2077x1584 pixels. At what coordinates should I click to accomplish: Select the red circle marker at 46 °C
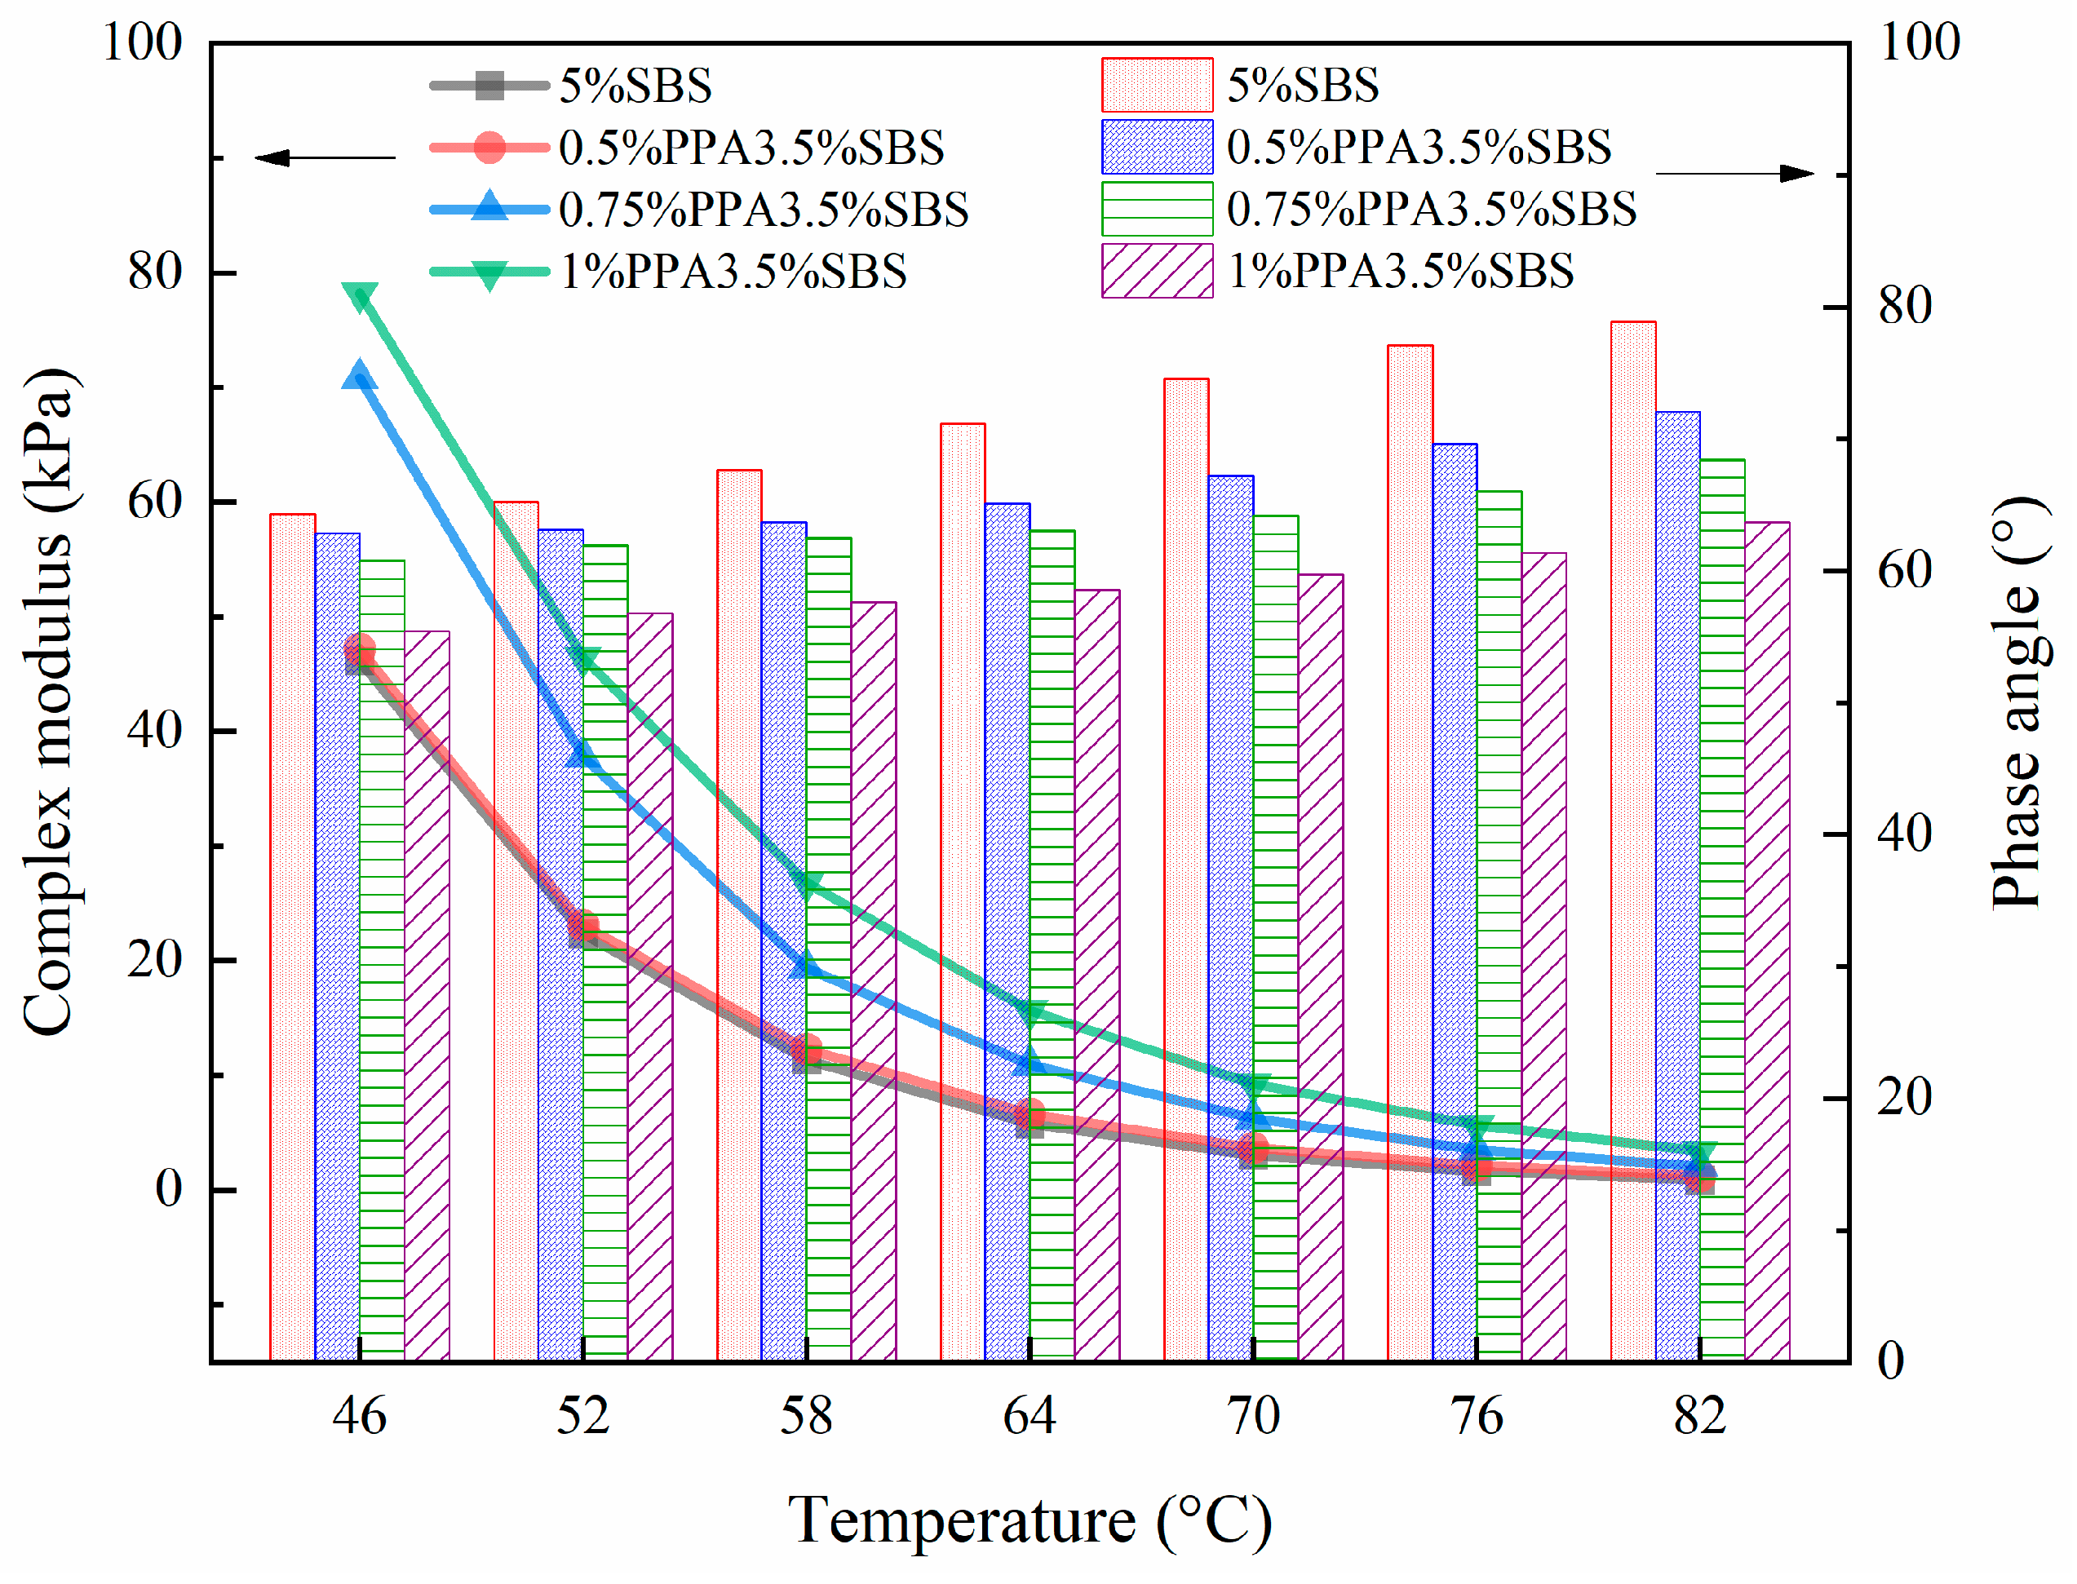tap(360, 648)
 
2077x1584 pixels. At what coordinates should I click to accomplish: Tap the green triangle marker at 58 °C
tap(807, 884)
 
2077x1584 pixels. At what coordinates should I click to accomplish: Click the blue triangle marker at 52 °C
tap(582, 752)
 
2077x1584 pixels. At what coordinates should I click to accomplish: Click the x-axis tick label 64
tap(1030, 1416)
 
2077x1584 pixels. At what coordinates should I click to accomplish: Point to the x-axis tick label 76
tap(1477, 1416)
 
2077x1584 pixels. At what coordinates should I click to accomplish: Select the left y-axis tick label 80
tap(155, 272)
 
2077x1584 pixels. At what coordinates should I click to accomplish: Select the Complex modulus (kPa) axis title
tap(47, 702)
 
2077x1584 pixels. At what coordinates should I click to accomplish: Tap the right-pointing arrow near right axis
tap(1734, 174)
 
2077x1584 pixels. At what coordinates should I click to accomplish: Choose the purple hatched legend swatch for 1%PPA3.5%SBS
tap(1157, 272)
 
